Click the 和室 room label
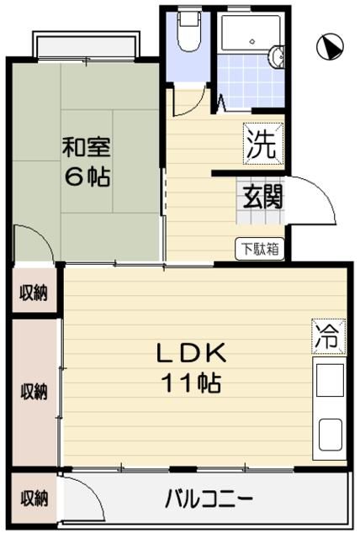click(86, 148)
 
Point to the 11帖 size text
click(191, 383)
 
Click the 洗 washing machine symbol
click(261, 143)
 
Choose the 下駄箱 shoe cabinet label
click(258, 248)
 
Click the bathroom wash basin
click(277, 57)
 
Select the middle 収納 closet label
click(34, 392)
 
